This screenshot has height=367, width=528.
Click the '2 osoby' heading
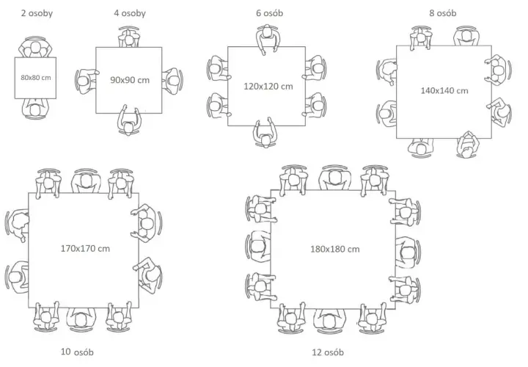pos(37,13)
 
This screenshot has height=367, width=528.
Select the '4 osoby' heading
pos(130,13)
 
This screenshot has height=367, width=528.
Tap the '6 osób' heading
pos(269,13)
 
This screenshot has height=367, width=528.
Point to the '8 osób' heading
pos(442,13)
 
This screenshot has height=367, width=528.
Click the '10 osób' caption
pos(77,352)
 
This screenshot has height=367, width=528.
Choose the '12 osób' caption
pos(328,352)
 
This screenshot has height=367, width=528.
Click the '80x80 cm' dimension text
pos(36,78)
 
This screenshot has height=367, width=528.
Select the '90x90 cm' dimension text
pos(130,80)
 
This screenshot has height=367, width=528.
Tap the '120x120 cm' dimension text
pos(268,87)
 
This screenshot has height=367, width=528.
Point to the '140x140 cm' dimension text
pos(444,91)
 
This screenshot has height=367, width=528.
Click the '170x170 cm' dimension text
pos(85,249)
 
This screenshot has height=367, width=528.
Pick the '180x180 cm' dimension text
pos(334,250)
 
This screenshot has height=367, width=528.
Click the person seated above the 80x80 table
pos(35,48)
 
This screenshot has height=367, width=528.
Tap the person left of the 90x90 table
pos(87,80)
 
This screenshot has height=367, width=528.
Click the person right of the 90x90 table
pos(172,80)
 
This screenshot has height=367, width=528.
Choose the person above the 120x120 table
pos(268,37)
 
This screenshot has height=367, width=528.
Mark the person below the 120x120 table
pos(265,133)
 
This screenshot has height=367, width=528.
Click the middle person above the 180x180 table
pos(334,178)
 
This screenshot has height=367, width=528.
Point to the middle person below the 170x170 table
pos(81,319)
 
